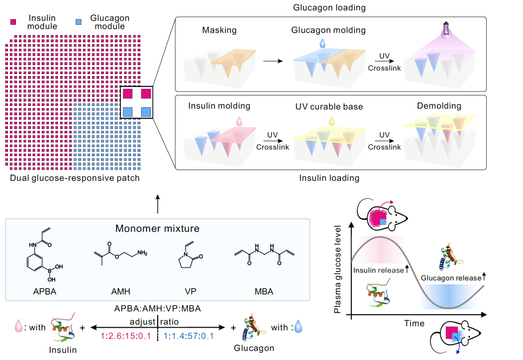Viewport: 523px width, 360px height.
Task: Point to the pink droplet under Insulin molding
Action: point(239,120)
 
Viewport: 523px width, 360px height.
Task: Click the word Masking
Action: point(219,30)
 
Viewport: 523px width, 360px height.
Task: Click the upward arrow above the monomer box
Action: point(158,204)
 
